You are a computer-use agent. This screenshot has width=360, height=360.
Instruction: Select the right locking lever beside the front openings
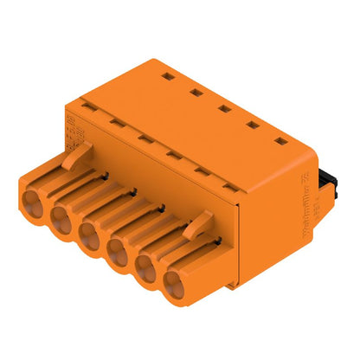pyautogui.click(x=197, y=228)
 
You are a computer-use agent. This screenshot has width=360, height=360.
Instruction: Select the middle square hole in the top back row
pyautogui.click(x=223, y=108)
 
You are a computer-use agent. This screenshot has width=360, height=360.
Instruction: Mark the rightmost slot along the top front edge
pyautogui.click(x=228, y=187)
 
